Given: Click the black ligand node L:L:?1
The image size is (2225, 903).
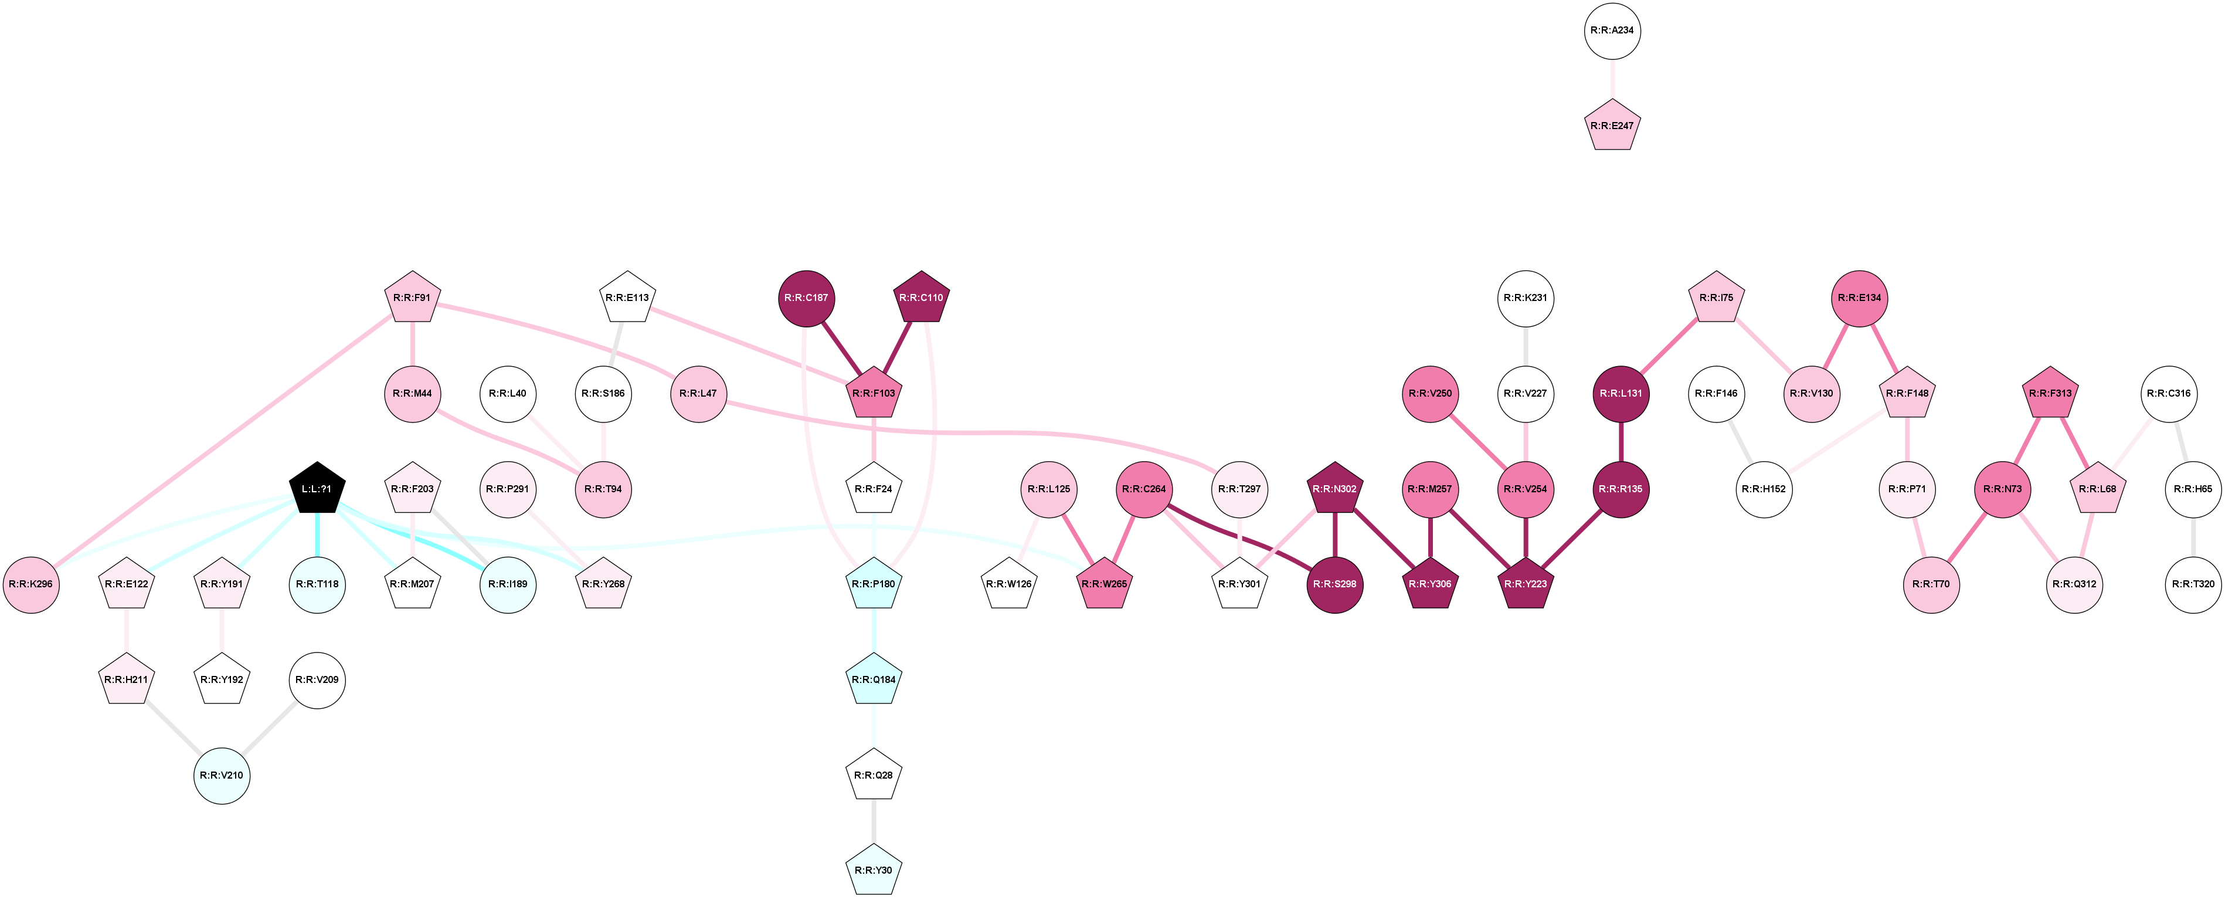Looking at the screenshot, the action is click(x=317, y=489).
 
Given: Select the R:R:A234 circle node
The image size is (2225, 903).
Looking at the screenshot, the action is click(x=1612, y=31).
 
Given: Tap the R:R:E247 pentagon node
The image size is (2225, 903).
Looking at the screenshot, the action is click(x=1612, y=126).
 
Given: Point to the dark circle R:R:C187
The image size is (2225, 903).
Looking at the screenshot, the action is click(x=807, y=298).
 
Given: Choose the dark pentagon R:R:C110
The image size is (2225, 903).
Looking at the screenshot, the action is click(x=920, y=298).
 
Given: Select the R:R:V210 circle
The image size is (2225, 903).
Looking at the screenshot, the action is click(x=222, y=775).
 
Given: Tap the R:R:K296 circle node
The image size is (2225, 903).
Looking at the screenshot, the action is click(x=31, y=584).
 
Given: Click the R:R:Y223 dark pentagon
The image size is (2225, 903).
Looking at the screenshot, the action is click(x=1526, y=584).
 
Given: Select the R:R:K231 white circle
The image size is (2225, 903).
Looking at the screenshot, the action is click(x=1526, y=298).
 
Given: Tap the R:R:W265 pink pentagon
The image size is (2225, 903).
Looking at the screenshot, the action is click(x=1105, y=584).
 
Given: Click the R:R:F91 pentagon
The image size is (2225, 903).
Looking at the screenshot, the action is click(x=412, y=298).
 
